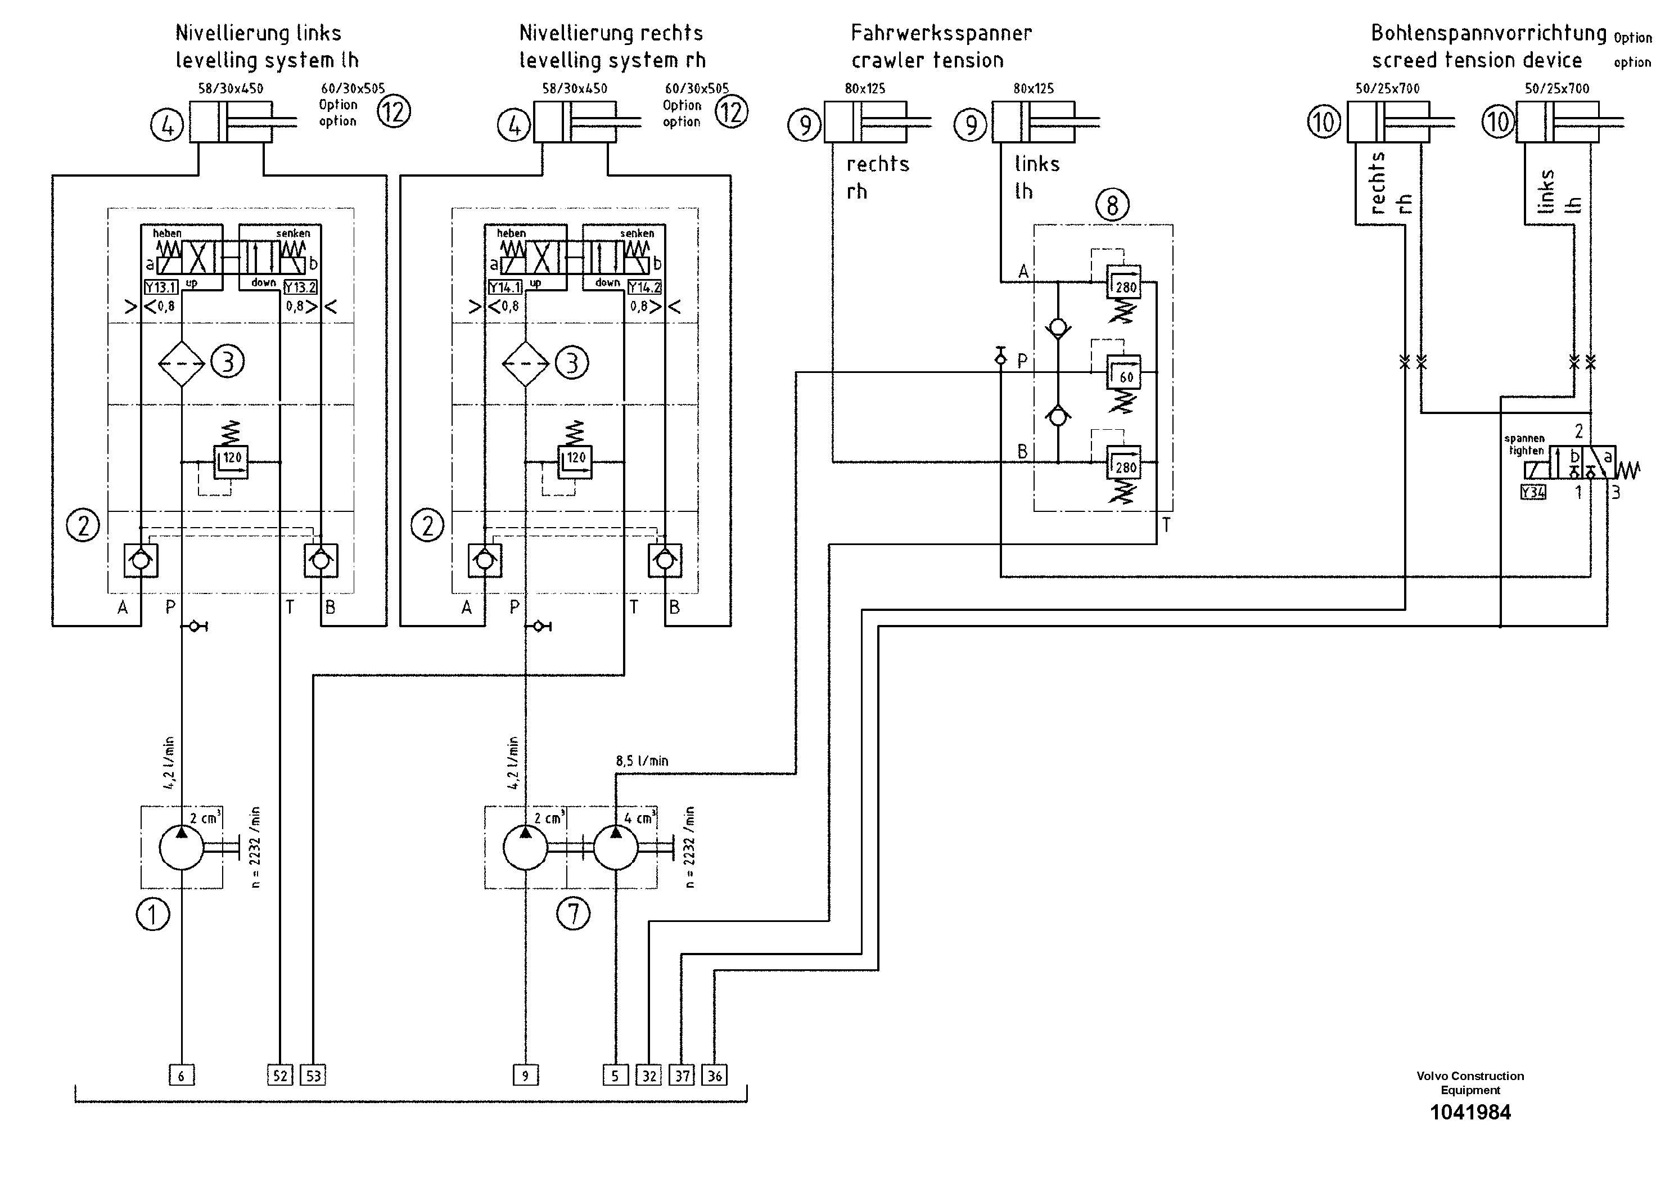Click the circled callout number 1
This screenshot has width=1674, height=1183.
(153, 914)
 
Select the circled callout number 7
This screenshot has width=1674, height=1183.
(573, 914)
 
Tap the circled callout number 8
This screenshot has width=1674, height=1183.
(1112, 206)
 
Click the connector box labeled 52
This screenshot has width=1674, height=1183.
(280, 1075)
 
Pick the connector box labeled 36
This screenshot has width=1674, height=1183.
(715, 1075)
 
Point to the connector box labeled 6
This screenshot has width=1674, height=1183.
(182, 1075)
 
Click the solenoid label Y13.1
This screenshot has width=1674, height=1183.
(160, 287)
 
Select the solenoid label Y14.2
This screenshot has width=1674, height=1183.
(644, 287)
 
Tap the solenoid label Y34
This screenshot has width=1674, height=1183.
(1532, 492)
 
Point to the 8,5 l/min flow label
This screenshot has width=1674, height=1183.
(642, 761)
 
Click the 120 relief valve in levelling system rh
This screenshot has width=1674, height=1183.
(575, 461)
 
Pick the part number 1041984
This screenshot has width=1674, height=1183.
(1470, 1113)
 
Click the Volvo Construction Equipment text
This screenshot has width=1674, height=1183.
(1470, 1083)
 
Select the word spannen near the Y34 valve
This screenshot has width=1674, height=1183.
(1524, 438)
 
